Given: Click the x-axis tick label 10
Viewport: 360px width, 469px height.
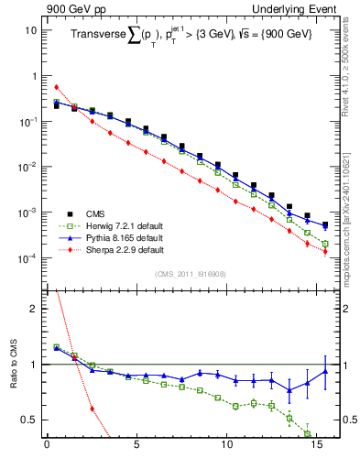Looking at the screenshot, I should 226,449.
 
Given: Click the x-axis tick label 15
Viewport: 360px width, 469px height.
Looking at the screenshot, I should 316,449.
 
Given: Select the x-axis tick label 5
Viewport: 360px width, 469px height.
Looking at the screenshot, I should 136,449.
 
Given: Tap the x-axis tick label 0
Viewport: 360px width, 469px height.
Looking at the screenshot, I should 47,449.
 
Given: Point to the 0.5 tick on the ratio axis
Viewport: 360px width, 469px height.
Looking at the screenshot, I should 29,420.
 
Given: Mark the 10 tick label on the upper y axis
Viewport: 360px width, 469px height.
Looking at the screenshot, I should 30,29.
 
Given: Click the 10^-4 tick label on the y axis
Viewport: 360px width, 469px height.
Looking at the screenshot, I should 27,258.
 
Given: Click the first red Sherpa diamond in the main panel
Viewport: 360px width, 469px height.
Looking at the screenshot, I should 56,87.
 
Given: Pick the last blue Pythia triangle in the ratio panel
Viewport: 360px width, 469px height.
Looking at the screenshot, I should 325,371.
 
